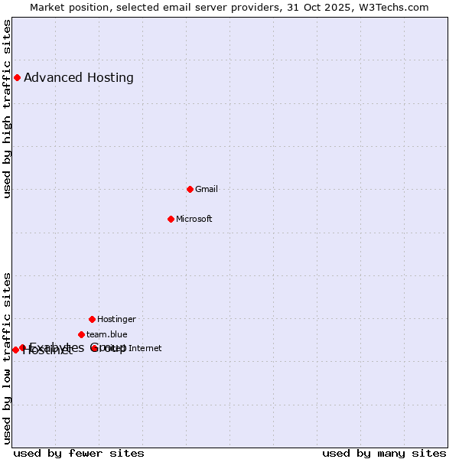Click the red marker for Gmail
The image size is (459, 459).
coord(190,189)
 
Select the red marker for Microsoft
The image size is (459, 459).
coord(171,219)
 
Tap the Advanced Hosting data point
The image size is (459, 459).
coord(17,77)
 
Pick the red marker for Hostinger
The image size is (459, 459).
coord(92,319)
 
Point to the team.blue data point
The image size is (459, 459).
coord(81,334)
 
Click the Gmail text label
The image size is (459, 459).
coord(207,189)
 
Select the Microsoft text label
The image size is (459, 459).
coord(194,219)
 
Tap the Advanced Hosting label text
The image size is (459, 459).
coord(79,77)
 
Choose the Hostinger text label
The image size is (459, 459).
coord(116,319)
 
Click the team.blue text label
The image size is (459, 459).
coord(107,334)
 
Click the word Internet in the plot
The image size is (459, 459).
coord(145,348)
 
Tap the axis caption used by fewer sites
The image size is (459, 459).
coord(79,453)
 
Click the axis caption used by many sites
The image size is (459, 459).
coord(384,453)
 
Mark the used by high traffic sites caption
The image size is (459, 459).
coord(7,109)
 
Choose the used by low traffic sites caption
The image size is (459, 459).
coord(7,358)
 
